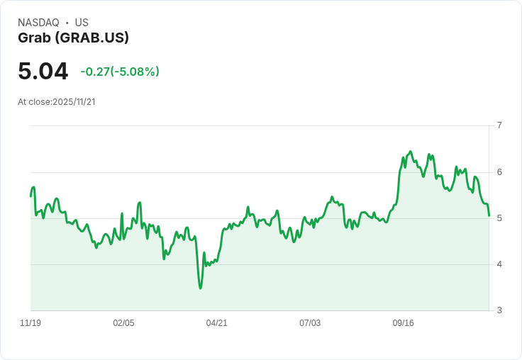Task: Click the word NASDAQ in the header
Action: pos(38,23)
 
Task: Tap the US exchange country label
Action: pos(82,23)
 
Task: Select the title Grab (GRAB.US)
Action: pos(73,38)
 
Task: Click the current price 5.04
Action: pos(43,71)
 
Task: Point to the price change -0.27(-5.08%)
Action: pos(120,72)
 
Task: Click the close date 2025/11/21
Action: pos(74,102)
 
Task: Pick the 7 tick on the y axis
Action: pos(499,125)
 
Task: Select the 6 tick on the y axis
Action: pos(499,171)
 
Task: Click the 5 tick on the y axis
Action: pos(499,218)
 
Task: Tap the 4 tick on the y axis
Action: pos(499,264)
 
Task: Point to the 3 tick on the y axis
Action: pos(499,310)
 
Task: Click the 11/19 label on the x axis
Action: pos(30,323)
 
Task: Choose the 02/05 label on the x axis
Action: pos(123,323)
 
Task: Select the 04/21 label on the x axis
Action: pos(217,323)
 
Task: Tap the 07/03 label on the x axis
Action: pos(310,323)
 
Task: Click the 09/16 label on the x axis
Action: pos(403,323)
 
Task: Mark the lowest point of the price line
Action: pos(201,288)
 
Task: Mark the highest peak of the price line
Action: pos(410,152)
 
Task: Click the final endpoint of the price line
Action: pos(489,215)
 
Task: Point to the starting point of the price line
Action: pos(30,196)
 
